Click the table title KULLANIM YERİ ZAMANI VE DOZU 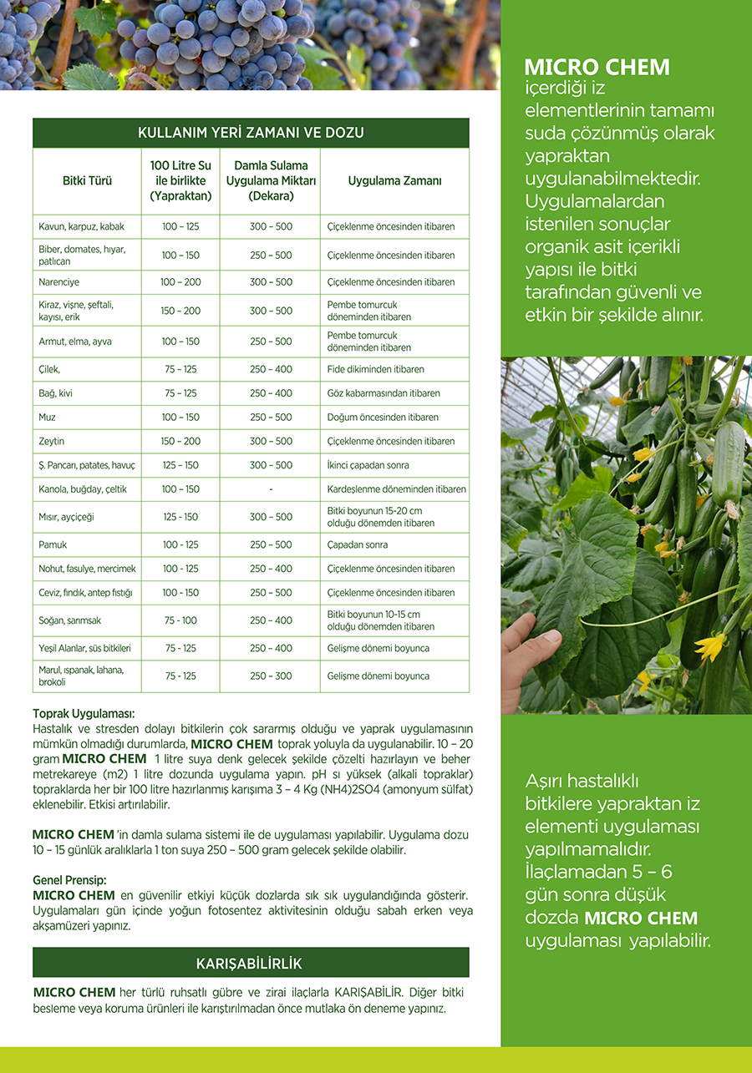(251, 133)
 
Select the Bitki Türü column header (87, 180)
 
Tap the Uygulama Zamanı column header (394, 180)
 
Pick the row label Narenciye (59, 282)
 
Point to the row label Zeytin (52, 441)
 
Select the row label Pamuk (53, 544)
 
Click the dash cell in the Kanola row (271, 489)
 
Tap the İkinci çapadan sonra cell (368, 465)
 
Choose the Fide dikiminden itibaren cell (376, 369)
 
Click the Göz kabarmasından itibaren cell (384, 393)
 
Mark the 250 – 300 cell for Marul (271, 676)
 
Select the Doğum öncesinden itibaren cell (383, 417)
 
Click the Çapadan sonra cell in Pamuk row (358, 544)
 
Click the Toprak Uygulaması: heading (84, 714)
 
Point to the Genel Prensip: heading (70, 880)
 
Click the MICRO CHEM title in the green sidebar (597, 68)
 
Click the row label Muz (48, 417)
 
